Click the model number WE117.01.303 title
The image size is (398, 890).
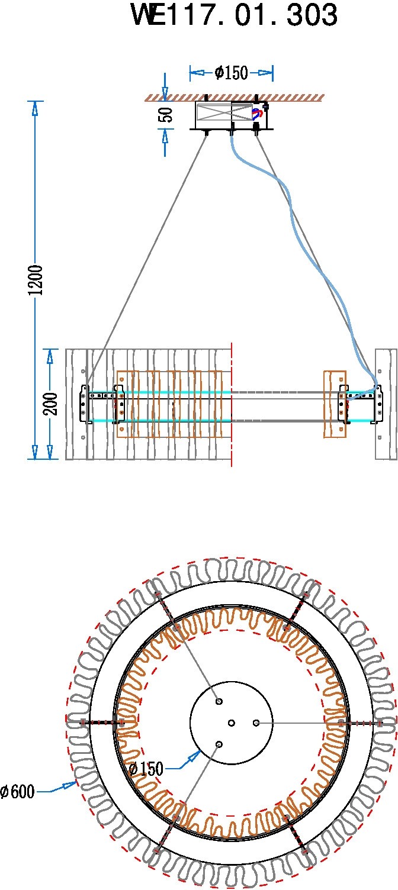click(x=235, y=15)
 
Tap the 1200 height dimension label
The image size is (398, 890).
click(x=35, y=280)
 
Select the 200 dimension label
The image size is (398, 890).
click(x=50, y=404)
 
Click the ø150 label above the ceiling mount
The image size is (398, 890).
click(x=231, y=73)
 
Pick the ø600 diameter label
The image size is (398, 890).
click(x=18, y=792)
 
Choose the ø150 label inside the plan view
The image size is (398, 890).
click(x=146, y=769)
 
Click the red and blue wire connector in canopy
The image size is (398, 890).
click(x=257, y=114)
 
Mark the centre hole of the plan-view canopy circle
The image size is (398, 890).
click(x=232, y=723)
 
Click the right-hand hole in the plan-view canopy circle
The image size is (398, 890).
click(x=256, y=723)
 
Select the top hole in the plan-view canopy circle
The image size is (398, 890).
click(x=219, y=702)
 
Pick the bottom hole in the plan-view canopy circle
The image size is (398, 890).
click(x=219, y=744)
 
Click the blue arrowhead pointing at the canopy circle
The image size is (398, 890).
click(x=194, y=755)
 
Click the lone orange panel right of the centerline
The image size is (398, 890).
click(x=335, y=405)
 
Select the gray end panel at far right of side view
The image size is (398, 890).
click(x=386, y=405)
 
